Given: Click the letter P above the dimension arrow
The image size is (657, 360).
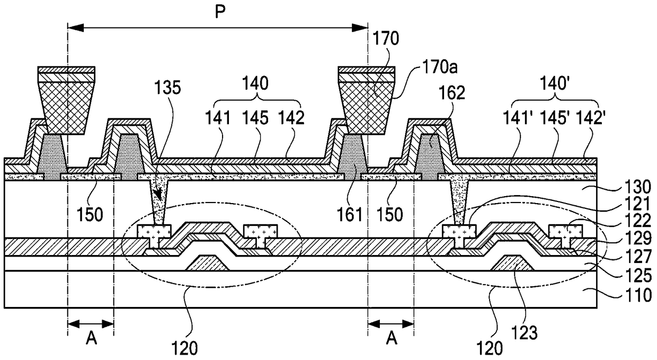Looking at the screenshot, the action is pyautogui.click(x=220, y=13).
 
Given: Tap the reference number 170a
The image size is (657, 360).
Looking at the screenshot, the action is pyautogui.click(x=440, y=67).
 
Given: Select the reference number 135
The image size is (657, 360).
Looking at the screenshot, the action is pyautogui.click(x=167, y=87).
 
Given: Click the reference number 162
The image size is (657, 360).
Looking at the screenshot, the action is pyautogui.click(x=452, y=93).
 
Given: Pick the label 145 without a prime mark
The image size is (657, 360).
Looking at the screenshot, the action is pyautogui.click(x=255, y=118).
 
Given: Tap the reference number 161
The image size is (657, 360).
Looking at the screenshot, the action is pyautogui.click(x=349, y=215).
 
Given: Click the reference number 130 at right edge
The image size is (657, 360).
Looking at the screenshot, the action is pyautogui.click(x=637, y=187).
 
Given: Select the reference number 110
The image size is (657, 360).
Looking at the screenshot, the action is pyautogui.click(x=638, y=295).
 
